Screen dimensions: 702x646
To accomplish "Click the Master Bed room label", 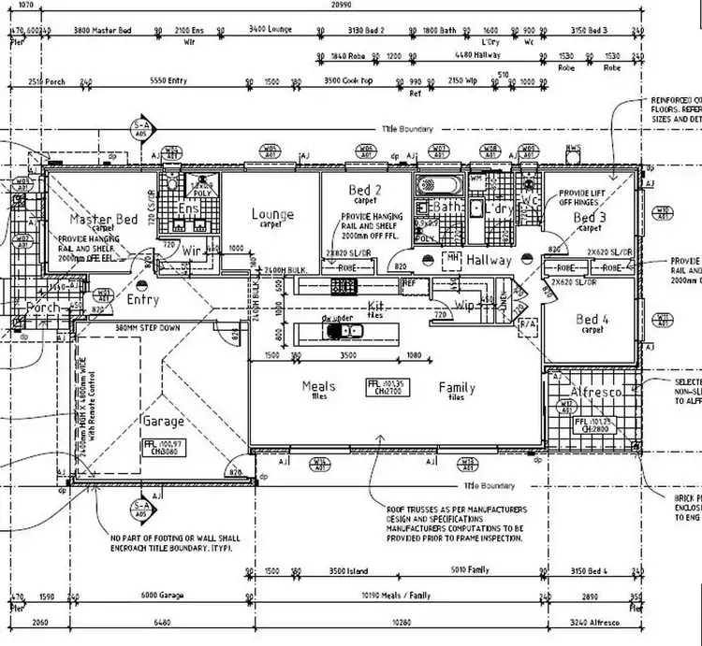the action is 104,220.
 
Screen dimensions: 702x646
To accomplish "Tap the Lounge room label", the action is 272,215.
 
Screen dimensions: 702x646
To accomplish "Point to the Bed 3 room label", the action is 590,218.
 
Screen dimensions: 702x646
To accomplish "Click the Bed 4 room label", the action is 592,319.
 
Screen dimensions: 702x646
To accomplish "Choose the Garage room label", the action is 163,422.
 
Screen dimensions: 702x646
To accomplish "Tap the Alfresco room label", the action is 596,394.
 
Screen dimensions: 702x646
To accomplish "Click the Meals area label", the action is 319,386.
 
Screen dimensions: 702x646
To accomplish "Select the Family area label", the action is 457,387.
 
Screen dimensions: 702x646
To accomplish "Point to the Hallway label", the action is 489,260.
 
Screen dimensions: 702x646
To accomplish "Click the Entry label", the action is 142,301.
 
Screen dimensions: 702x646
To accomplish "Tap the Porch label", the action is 42,308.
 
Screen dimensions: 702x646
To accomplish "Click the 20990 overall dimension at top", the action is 341,6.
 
